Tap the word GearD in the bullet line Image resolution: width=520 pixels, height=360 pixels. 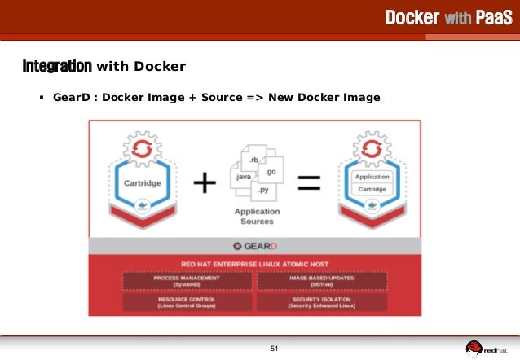tap(70, 98)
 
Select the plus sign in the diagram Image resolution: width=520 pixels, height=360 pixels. tap(204, 183)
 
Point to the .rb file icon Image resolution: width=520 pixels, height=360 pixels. tap(254, 158)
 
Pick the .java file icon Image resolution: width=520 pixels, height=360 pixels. tap(244, 178)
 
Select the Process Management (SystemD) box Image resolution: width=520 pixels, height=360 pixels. tap(187, 281)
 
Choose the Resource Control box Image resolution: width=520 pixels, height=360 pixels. tap(187, 302)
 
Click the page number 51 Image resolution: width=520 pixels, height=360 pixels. tap(275, 349)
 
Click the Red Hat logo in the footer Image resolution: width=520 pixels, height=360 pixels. tap(487, 349)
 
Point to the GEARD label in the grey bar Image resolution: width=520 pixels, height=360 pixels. tap(256, 245)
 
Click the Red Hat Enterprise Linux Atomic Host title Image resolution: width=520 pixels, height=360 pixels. tap(256, 263)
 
